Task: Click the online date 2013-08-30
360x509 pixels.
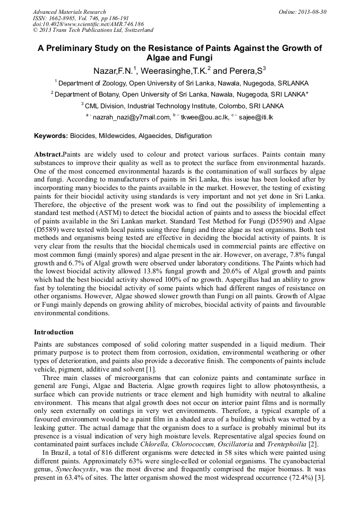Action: [x=310, y=12]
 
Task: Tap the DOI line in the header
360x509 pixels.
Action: [x=88, y=24]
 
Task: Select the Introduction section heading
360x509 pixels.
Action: [x=54, y=332]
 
